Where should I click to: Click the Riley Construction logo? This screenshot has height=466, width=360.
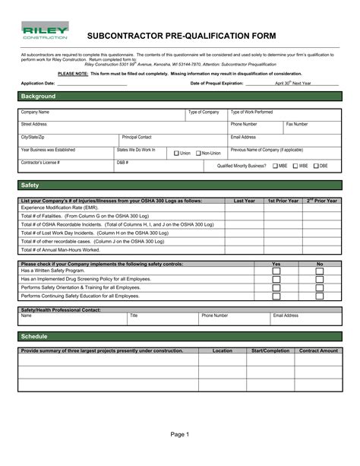pos(45,33)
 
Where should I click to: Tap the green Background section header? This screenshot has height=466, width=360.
pos(180,97)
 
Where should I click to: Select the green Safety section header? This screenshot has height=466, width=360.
pos(180,185)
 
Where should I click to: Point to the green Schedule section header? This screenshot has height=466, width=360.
pos(180,336)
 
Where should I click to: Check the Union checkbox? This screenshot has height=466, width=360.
pos(176,153)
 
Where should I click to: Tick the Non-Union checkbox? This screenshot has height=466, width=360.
pos(198,153)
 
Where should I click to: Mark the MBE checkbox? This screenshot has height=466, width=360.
pos(275,165)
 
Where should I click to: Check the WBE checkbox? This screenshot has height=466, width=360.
pos(295,165)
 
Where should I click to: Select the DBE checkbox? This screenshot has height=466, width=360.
pos(316,165)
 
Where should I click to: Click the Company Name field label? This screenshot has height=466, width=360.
pos(35,113)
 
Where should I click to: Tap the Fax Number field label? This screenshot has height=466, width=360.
pos(297,124)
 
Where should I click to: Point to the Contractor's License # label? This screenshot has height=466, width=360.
pos(40,163)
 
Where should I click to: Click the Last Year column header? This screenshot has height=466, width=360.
pos(245,201)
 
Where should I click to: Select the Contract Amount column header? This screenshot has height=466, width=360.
pos(318,351)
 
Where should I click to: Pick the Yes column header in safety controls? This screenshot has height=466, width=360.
pos(276,264)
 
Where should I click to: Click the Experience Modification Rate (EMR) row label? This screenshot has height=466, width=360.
pos(59,208)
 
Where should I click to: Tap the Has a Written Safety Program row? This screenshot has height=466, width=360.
pos(53,271)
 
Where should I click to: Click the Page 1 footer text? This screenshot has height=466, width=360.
pos(179,435)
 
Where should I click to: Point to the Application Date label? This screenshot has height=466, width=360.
pos(38,83)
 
